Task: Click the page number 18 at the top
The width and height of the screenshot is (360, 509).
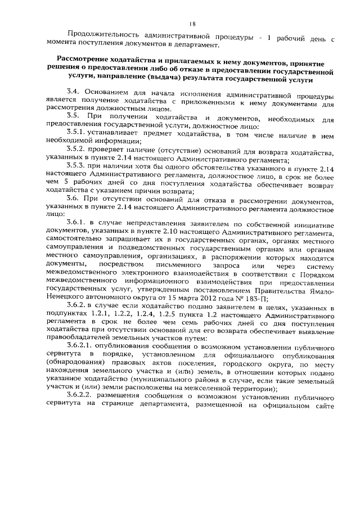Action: (x=192, y=24)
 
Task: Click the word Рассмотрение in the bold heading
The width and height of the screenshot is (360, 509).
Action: (x=89, y=61)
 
